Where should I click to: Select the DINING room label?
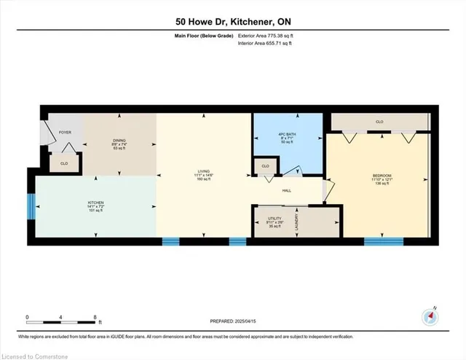pyautogui.click(x=119, y=141)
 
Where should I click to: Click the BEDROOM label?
pyautogui.click(x=382, y=176)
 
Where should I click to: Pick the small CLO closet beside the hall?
pyautogui.click(x=266, y=167)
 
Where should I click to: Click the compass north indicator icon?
pyautogui.click(x=430, y=316)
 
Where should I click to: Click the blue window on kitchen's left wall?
pyautogui.click(x=31, y=206)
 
